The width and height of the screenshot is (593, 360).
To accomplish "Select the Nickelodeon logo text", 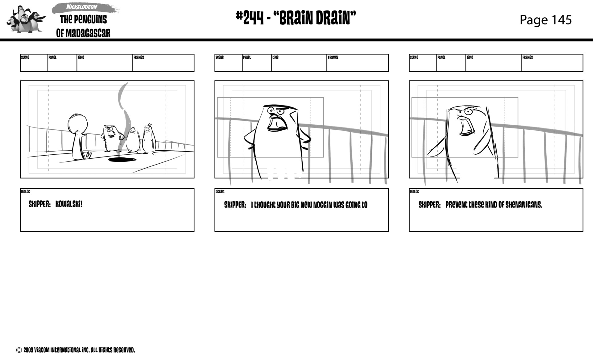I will (82, 7).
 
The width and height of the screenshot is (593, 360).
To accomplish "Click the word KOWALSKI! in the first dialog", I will (69, 204).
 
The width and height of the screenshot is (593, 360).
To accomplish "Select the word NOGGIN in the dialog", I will (322, 205).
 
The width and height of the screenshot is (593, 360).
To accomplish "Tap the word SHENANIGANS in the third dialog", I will (524, 205).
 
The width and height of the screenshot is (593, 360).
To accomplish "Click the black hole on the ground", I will (122, 159).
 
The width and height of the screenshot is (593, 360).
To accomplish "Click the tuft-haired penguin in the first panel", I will (149, 139).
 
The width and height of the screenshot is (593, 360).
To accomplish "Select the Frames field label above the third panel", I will (528, 57).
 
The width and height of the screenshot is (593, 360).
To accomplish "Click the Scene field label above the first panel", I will (25, 57).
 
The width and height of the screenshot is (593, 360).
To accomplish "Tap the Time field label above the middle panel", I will (275, 57).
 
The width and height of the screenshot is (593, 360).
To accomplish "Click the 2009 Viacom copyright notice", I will (75, 350).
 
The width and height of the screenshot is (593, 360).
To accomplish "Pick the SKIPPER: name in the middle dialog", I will (235, 205).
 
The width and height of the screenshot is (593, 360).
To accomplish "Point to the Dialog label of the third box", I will (414, 192).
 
